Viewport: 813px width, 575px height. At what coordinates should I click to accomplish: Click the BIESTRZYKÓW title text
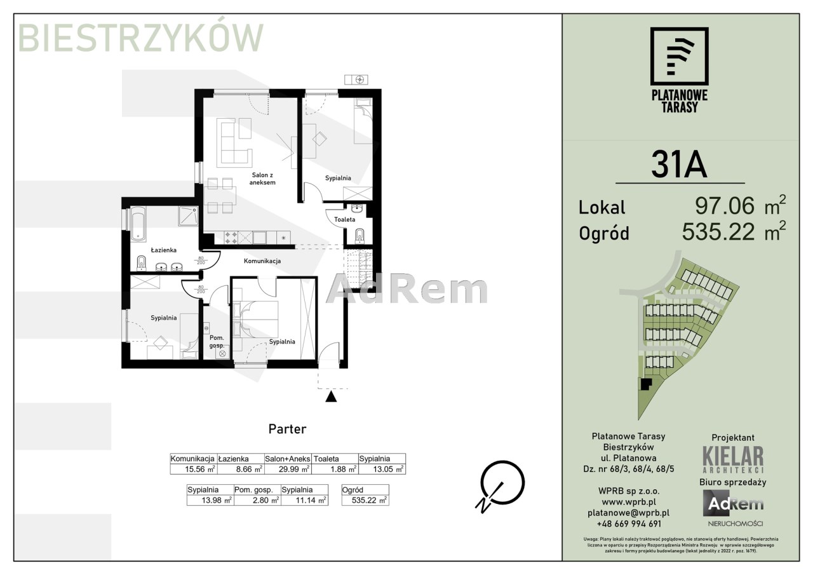(141, 37)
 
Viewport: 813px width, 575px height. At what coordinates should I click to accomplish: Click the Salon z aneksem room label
(262, 179)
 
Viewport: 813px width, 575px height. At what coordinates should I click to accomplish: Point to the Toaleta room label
(344, 220)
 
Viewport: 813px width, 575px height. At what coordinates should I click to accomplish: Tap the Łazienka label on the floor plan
(163, 250)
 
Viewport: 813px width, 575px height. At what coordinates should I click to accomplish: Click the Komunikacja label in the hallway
(262, 260)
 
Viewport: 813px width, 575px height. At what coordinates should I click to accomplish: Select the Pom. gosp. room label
(217, 342)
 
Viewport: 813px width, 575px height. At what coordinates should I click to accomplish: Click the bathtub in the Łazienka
(138, 224)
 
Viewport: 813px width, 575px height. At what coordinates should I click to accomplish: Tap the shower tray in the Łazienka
(187, 216)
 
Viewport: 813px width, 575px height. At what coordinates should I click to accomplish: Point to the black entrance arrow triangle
(331, 396)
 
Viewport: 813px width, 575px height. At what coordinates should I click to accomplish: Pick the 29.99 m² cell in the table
(293, 469)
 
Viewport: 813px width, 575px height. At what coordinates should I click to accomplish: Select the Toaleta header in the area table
(326, 459)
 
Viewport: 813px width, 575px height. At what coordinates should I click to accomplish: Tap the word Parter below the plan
(287, 429)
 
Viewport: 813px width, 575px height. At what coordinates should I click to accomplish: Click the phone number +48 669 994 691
(629, 524)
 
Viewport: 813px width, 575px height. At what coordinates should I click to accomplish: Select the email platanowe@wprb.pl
(629, 513)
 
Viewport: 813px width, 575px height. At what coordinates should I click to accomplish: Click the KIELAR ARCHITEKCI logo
(733, 459)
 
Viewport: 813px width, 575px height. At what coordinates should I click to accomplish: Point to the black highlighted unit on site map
(645, 384)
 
